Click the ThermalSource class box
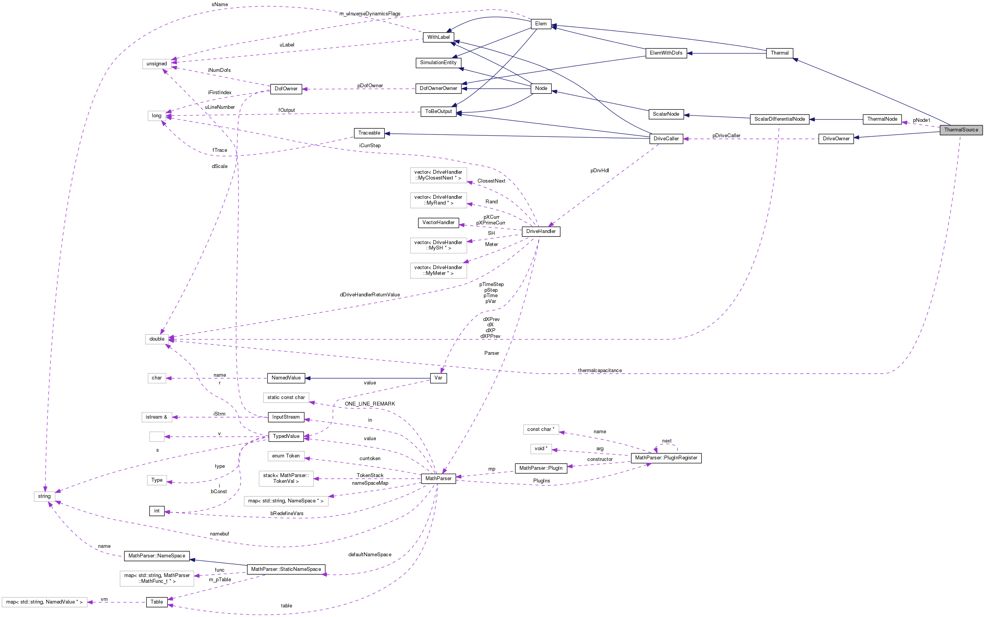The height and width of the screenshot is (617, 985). coord(960,130)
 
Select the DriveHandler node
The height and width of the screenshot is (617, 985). coord(541,231)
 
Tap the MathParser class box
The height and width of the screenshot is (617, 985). coord(438,478)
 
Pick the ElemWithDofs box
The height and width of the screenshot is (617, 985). coord(666,53)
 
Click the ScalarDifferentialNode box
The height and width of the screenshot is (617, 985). coord(779,119)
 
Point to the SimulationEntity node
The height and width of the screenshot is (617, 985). coord(438,63)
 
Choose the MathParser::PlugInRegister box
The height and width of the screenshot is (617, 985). coord(666,458)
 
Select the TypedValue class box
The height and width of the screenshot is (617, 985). coord(286,436)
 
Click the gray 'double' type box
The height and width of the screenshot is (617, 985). coord(157,339)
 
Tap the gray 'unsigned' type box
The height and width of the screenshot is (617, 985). coord(157,64)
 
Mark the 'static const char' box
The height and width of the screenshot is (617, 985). coord(286,397)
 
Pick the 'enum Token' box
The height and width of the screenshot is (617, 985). coord(286,456)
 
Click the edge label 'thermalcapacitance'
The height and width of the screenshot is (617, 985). coord(599,371)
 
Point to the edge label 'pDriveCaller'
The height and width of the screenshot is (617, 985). coord(726,135)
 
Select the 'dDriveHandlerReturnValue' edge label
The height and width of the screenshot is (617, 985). coord(370,294)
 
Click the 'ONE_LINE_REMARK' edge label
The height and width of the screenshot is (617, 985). coord(370,404)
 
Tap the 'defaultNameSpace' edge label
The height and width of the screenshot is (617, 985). coord(370,555)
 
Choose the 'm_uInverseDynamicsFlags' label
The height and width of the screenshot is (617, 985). coord(370,14)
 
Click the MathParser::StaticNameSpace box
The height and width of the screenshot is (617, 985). coord(286,569)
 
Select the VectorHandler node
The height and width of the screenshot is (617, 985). coord(438,223)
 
